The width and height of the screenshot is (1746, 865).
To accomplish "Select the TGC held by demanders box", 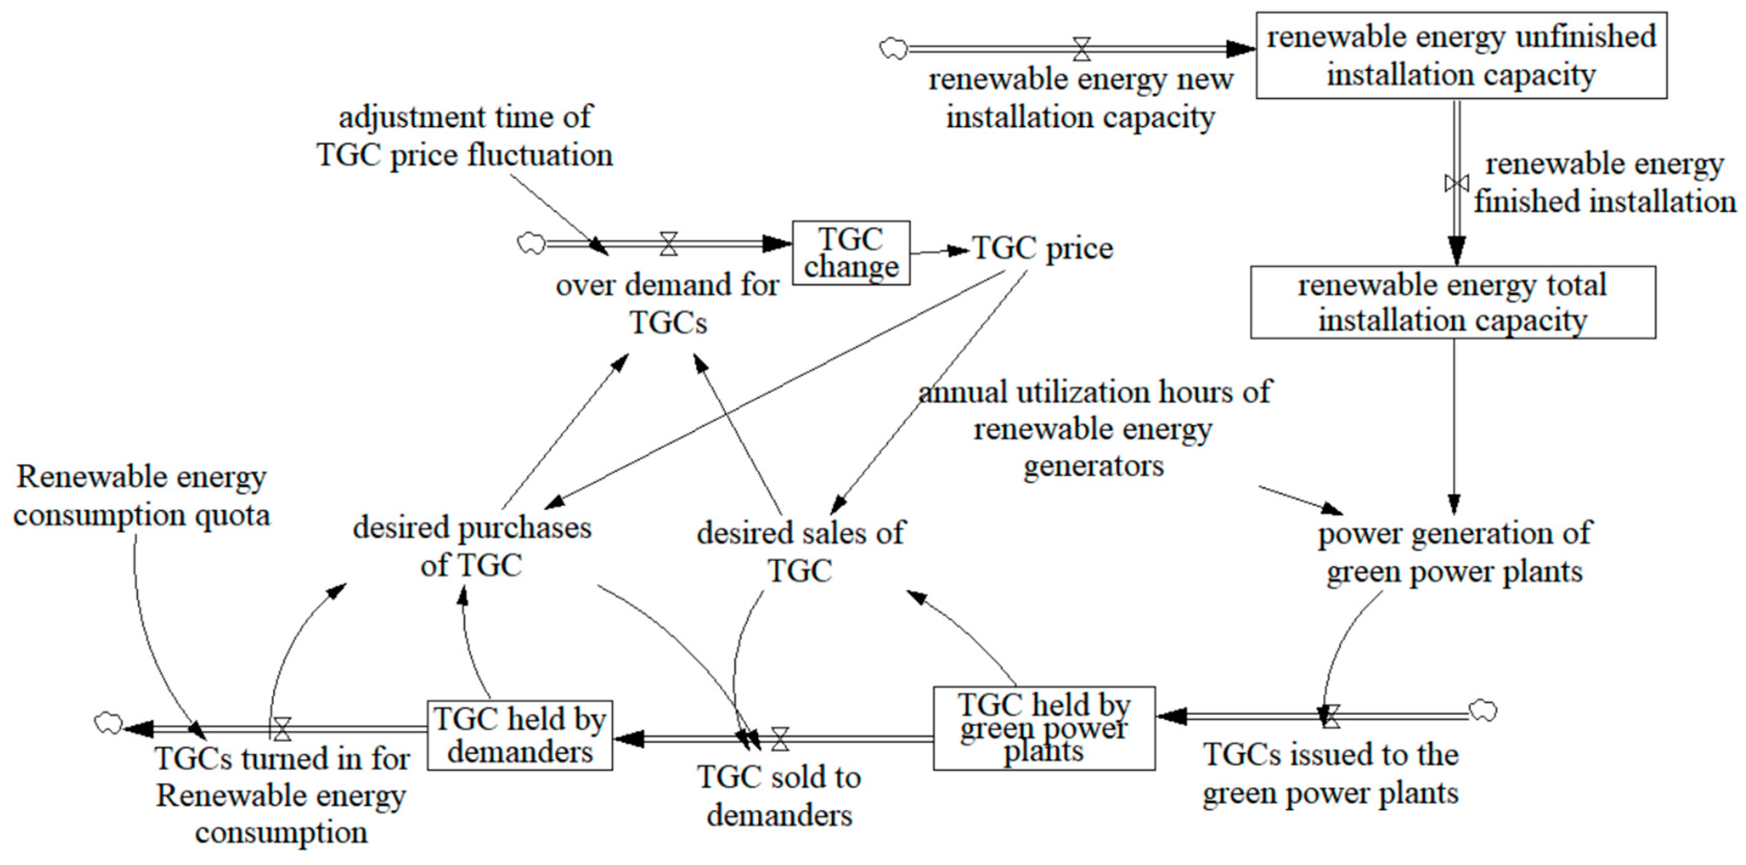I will pyautogui.click(x=520, y=735).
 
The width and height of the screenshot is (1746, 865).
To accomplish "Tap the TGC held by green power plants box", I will pyautogui.click(x=1044, y=728).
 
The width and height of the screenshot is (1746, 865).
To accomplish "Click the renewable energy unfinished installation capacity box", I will pyautogui.click(x=1461, y=55).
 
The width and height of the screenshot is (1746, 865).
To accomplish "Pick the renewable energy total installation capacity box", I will pyautogui.click(x=1452, y=302).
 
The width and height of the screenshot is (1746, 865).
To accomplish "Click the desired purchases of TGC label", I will pyautogui.click(x=472, y=546).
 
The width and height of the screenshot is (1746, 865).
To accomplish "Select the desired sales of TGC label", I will pyautogui.click(x=801, y=551).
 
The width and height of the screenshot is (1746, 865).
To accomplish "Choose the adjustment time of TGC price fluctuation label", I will pyautogui.click(x=465, y=135).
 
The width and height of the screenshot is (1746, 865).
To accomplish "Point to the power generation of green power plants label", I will pyautogui.click(x=1455, y=551).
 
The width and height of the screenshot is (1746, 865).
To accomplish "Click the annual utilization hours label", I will pyautogui.click(x=1094, y=429).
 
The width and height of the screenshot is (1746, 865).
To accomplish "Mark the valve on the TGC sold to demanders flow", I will pyautogui.click(x=780, y=739).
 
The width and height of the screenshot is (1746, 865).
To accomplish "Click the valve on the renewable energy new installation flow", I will pyautogui.click(x=1082, y=49).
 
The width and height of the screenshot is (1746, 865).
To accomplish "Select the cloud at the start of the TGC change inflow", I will pyautogui.click(x=530, y=243).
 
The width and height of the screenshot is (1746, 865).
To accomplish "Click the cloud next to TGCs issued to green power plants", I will pyautogui.click(x=1483, y=711).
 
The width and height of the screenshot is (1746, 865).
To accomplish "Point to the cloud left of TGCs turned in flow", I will pyautogui.click(x=108, y=723).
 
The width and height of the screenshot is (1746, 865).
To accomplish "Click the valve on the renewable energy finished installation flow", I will pyautogui.click(x=1457, y=183).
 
